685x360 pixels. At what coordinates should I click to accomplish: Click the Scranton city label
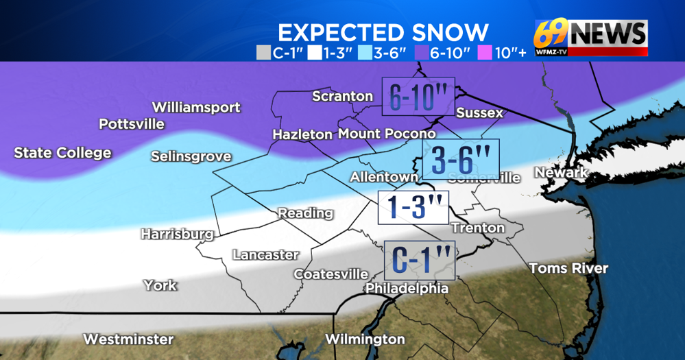[x=342, y=96]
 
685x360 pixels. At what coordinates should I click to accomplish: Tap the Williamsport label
[x=196, y=108]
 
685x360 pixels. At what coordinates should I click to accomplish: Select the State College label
[x=62, y=153]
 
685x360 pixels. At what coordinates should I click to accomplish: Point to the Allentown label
[x=384, y=177]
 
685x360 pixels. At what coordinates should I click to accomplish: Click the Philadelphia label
[x=407, y=289]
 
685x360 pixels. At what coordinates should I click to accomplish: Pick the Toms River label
[x=568, y=268]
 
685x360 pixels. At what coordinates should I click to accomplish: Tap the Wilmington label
[x=365, y=339]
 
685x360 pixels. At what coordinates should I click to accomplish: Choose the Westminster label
[x=128, y=339]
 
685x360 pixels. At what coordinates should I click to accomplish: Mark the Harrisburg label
[x=177, y=234]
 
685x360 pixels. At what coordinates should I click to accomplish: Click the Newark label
[x=561, y=172]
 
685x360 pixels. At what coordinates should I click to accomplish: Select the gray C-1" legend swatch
[x=263, y=52]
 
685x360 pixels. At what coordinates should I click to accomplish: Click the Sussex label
[x=479, y=112]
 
